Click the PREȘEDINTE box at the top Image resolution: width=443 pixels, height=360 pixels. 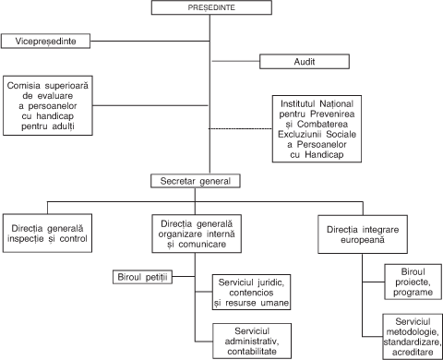pyautogui.click(x=211, y=7)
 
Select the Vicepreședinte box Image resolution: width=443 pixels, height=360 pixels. pyautogui.click(x=45, y=42)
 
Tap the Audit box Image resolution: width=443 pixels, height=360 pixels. pyautogui.click(x=305, y=62)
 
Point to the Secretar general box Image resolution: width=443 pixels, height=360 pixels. pyautogui.click(x=196, y=181)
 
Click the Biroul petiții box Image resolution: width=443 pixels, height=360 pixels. pyautogui.click(x=142, y=277)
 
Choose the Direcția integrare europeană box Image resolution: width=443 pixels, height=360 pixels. pyautogui.click(x=363, y=234)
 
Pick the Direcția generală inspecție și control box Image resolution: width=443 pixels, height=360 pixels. pyautogui.click(x=47, y=234)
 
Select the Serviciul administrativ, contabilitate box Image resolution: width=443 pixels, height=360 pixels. pyautogui.click(x=252, y=341)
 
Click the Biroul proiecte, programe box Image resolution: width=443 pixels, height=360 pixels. pyautogui.click(x=413, y=282)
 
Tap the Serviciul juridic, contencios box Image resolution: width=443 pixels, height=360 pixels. pyautogui.click(x=251, y=293)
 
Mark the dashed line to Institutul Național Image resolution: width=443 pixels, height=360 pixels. pyautogui.click(x=240, y=128)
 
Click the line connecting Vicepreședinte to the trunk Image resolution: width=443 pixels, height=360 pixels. pyautogui.click(x=150, y=41)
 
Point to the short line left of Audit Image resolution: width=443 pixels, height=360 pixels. pyautogui.click(x=235, y=61)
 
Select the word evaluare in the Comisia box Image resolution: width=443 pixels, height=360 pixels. pyautogui.click(x=55, y=96)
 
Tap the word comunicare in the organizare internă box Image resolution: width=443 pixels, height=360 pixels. pyautogui.click(x=202, y=245)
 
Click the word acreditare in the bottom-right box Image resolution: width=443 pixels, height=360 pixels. pyautogui.click(x=413, y=352)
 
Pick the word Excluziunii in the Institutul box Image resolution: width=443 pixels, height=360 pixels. pyautogui.click(x=301, y=134)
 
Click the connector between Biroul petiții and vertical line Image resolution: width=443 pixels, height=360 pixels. pyautogui.click(x=184, y=276)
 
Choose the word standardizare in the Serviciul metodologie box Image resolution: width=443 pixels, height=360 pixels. pyautogui.click(x=412, y=342)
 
